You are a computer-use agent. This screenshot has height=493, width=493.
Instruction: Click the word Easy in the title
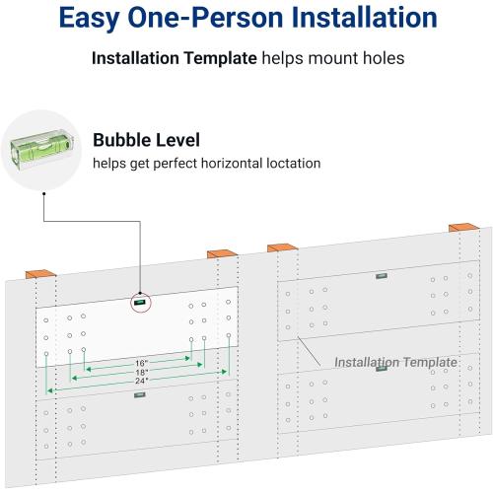click(x=90, y=18)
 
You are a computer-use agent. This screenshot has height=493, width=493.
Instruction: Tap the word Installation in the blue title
click(x=364, y=17)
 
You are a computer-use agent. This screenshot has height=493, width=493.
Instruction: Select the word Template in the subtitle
click(x=220, y=58)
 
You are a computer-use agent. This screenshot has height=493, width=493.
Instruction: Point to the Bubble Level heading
click(x=146, y=140)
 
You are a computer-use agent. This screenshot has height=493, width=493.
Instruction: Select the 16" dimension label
click(x=141, y=363)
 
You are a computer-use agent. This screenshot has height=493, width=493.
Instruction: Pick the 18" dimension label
click(x=142, y=372)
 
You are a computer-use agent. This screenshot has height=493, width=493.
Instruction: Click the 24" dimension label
click(x=142, y=381)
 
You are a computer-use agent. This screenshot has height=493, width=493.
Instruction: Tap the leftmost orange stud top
click(x=40, y=274)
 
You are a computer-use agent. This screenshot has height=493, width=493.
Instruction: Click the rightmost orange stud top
click(x=464, y=227)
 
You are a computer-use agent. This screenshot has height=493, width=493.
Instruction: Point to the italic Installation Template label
click(x=395, y=362)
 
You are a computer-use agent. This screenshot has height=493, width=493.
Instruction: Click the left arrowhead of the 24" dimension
click(x=49, y=390)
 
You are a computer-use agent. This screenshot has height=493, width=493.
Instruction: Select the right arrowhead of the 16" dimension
click(x=187, y=358)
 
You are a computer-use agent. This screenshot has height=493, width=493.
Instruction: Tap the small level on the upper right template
click(x=382, y=276)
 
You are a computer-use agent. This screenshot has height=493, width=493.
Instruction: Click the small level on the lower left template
click(x=140, y=394)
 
